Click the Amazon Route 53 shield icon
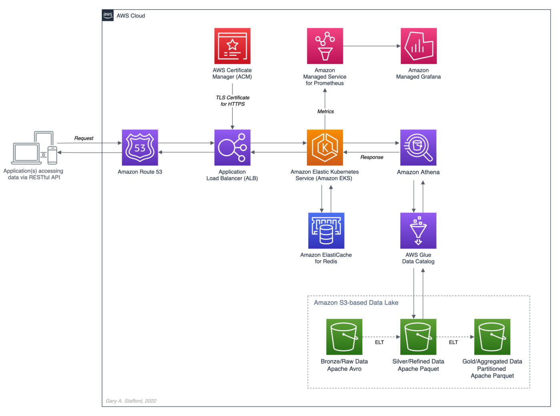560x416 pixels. pos(140,147)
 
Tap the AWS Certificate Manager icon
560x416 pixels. pos(232,46)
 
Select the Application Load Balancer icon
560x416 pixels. pos(232,147)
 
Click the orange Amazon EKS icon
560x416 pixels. pos(325,147)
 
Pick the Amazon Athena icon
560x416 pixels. pos(418,147)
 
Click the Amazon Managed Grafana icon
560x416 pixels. pos(419,46)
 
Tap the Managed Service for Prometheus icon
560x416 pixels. pos(325,46)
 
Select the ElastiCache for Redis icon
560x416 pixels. pos(326,231)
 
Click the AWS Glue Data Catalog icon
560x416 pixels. pos(418,231)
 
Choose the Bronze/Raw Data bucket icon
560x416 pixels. pos(344,337)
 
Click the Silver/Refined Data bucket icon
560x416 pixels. pos(418,337)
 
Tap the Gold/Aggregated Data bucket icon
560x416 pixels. pos(492,337)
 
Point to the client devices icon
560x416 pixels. pos(34,148)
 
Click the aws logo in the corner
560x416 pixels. pos(108,16)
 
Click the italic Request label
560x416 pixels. pos(84,138)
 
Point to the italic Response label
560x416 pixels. pos(372,157)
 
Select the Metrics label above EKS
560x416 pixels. pos(326,111)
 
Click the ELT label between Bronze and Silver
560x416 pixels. pos(379,342)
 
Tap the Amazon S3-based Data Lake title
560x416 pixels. pos(356,303)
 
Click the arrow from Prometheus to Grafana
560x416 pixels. pos(372,46)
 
